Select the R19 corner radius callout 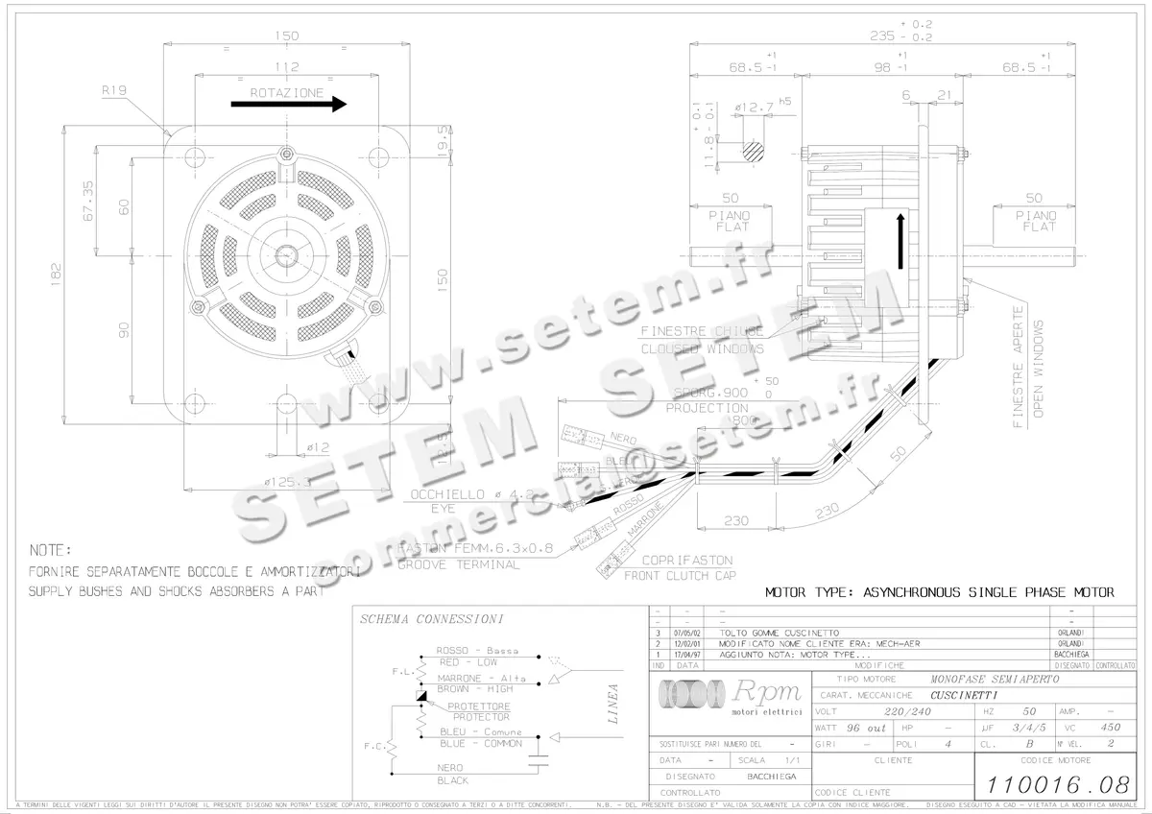click(x=114, y=90)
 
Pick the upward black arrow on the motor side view click(x=900, y=241)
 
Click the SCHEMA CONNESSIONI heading click(x=431, y=620)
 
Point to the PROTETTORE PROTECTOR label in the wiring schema click(x=481, y=711)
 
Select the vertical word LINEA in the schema click(x=612, y=702)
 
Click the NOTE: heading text click(x=51, y=551)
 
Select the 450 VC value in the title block click(x=1110, y=728)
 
